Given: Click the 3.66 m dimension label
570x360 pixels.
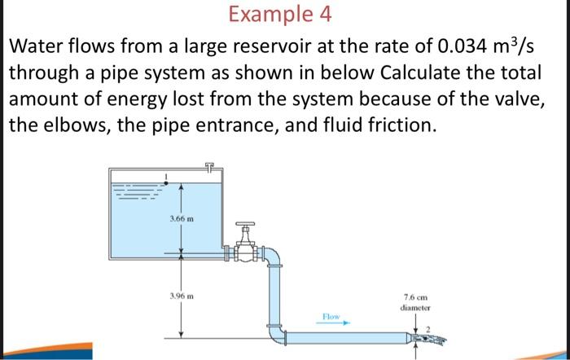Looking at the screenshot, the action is click(181, 217).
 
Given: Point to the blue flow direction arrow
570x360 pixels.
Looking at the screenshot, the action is click(335, 322).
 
